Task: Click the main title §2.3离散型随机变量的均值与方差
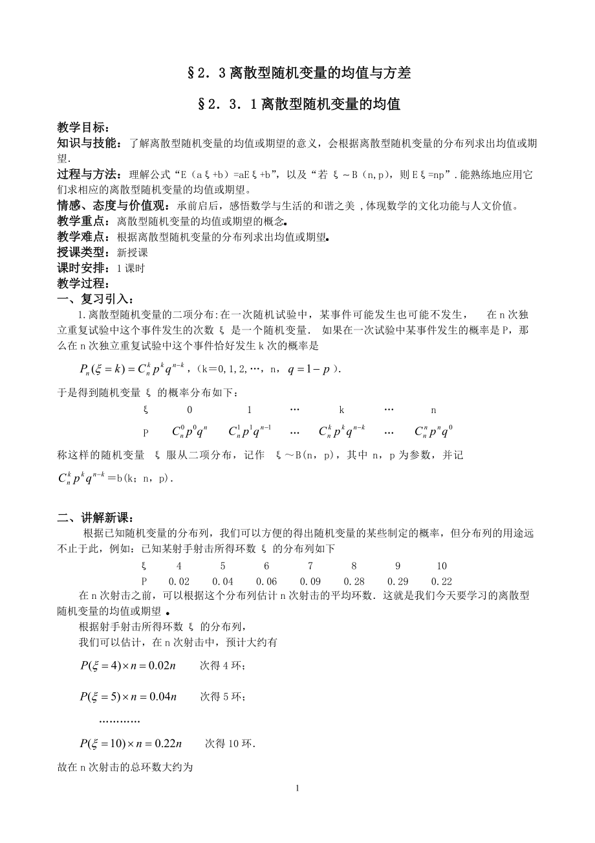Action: pyautogui.click(x=298, y=74)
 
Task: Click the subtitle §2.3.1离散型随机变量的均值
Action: pyautogui.click(x=298, y=104)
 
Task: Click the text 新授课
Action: pyautogui.click(x=133, y=253)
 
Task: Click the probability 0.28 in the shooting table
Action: pyautogui.click(x=354, y=581)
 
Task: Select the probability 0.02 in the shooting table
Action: pyautogui.click(x=179, y=581)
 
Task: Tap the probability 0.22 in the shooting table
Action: pyautogui.click(x=442, y=581)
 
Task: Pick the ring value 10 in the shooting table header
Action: pyautogui.click(x=442, y=566)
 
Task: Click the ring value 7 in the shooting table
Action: pyautogui.click(x=310, y=566)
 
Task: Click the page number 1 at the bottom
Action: pyautogui.click(x=297, y=788)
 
